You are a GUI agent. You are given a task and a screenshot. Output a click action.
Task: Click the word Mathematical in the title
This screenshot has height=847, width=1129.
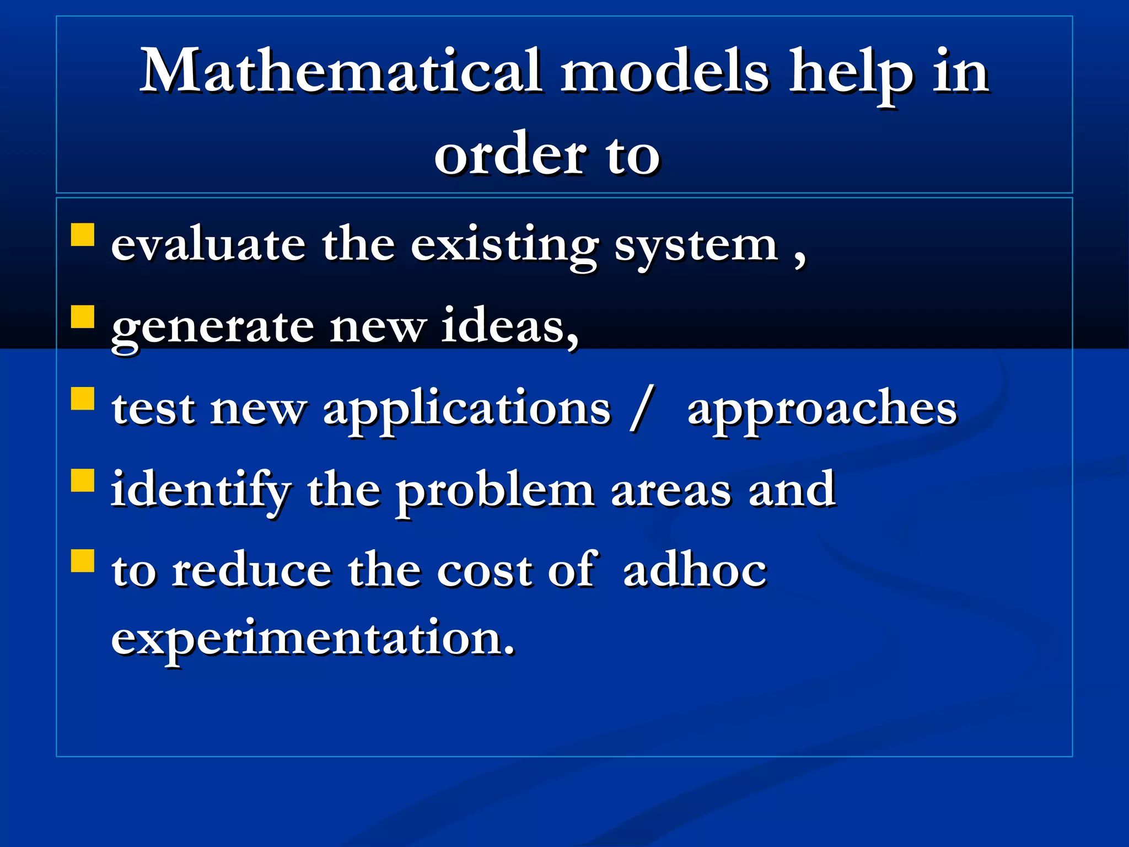(340, 72)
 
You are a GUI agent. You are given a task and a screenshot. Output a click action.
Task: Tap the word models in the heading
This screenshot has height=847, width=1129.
(664, 72)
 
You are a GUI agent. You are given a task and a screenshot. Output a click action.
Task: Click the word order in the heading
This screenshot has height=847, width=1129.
(510, 155)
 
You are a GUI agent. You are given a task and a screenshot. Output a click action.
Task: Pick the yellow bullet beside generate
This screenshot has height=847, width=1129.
(83, 317)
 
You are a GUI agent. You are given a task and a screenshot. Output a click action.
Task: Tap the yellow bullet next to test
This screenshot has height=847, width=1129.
(83, 398)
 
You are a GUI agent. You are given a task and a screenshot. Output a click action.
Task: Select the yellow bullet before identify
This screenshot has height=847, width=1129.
(83, 480)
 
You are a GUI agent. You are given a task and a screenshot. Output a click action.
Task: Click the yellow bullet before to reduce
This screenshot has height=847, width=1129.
(83, 561)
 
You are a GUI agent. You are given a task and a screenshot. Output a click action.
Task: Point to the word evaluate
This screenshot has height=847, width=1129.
(208, 244)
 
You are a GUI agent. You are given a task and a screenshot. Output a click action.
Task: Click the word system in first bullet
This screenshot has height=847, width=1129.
(696, 246)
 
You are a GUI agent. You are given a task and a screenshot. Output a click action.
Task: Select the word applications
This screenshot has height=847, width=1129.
(467, 409)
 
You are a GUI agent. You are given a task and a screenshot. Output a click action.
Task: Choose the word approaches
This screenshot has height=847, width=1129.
(822, 409)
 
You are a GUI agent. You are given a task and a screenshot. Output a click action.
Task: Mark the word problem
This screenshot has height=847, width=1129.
(495, 491)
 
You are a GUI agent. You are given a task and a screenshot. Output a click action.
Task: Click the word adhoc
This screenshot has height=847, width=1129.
(695, 570)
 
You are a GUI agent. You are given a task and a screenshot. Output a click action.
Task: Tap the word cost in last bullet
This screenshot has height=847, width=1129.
(485, 571)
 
